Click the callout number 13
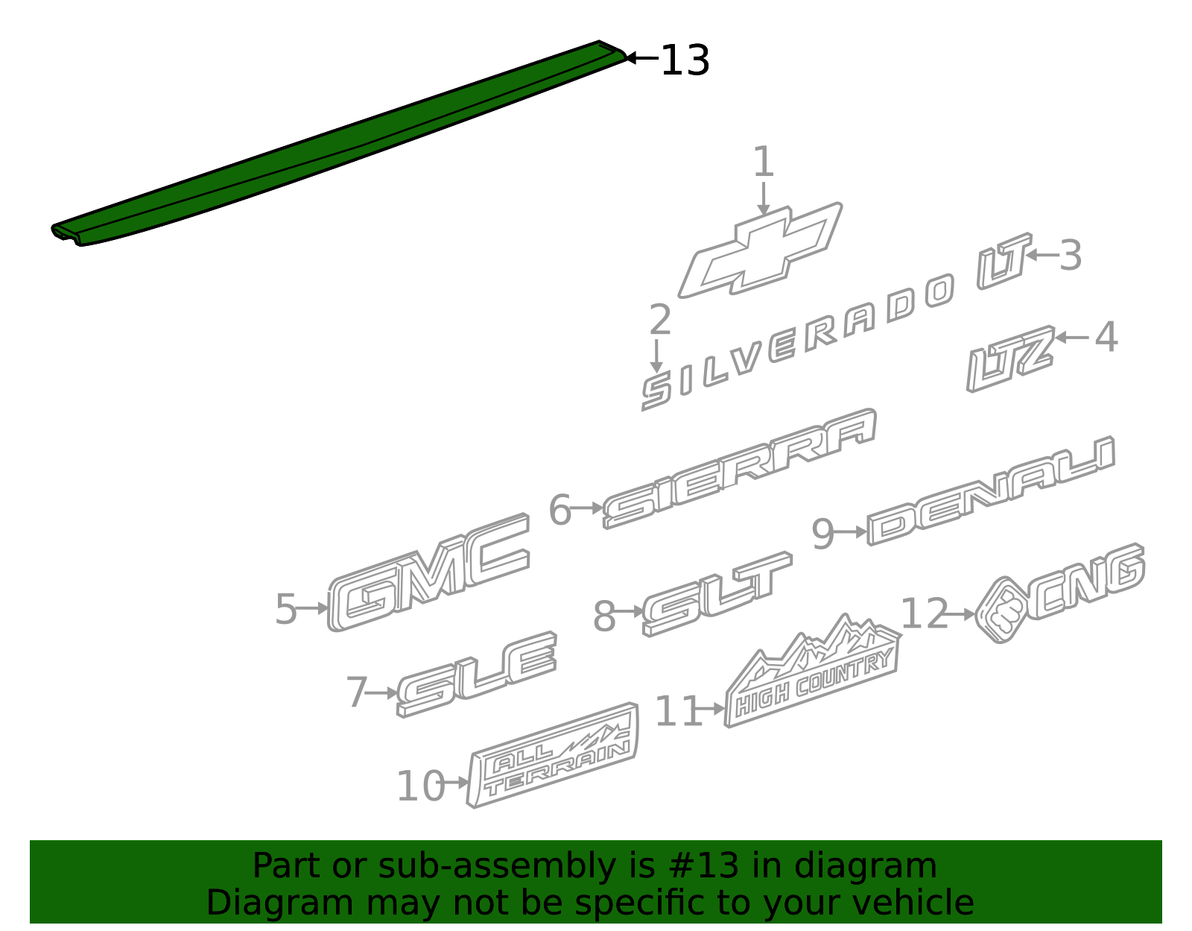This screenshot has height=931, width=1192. [685, 60]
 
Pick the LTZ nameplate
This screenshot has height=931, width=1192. [1009, 359]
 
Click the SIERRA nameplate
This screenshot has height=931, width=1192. [739, 470]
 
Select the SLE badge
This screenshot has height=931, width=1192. [476, 675]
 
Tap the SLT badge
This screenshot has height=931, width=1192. [717, 595]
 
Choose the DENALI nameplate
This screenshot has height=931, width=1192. [990, 491]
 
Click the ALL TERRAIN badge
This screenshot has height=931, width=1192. [553, 755]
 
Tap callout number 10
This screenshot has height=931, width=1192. [420, 786]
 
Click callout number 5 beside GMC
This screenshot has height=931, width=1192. [286, 609]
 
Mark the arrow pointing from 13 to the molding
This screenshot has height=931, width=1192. [641, 57]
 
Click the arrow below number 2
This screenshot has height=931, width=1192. [656, 356]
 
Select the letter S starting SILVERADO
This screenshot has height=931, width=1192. [656, 392]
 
